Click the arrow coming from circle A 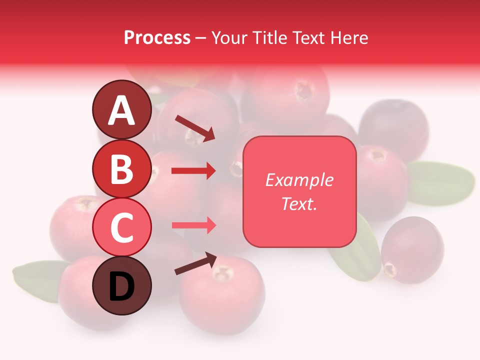click(195, 127)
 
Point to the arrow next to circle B click(193, 171)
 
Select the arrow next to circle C click(193, 225)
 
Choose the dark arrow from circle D click(195, 263)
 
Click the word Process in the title click(157, 37)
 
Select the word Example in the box click(299, 180)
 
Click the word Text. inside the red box click(299, 203)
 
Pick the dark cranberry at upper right click(394, 129)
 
